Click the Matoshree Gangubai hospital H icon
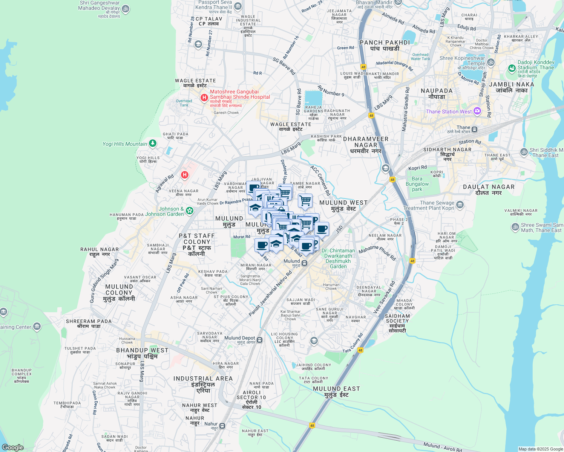pyautogui.click(x=204, y=98)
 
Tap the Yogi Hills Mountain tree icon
pyautogui.click(x=153, y=144)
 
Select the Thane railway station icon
pyautogui.click(x=474, y=130)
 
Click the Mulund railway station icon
pyautogui.click(x=304, y=263)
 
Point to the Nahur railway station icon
pyautogui.click(x=222, y=426)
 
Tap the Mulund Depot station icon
pyautogui.click(x=259, y=340)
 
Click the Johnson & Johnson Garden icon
pyautogui.click(x=190, y=211)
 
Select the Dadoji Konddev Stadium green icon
pyautogui.click(x=512, y=68)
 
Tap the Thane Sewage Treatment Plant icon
pyautogui.click(x=460, y=205)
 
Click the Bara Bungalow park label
pyautogui.click(x=417, y=184)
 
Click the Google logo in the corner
pyautogui.click(x=13, y=447)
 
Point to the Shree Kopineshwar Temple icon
pyautogui.click(x=490, y=62)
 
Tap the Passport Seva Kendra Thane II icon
pyautogui.click(x=238, y=6)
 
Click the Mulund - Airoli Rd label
pyautogui.click(x=442, y=447)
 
